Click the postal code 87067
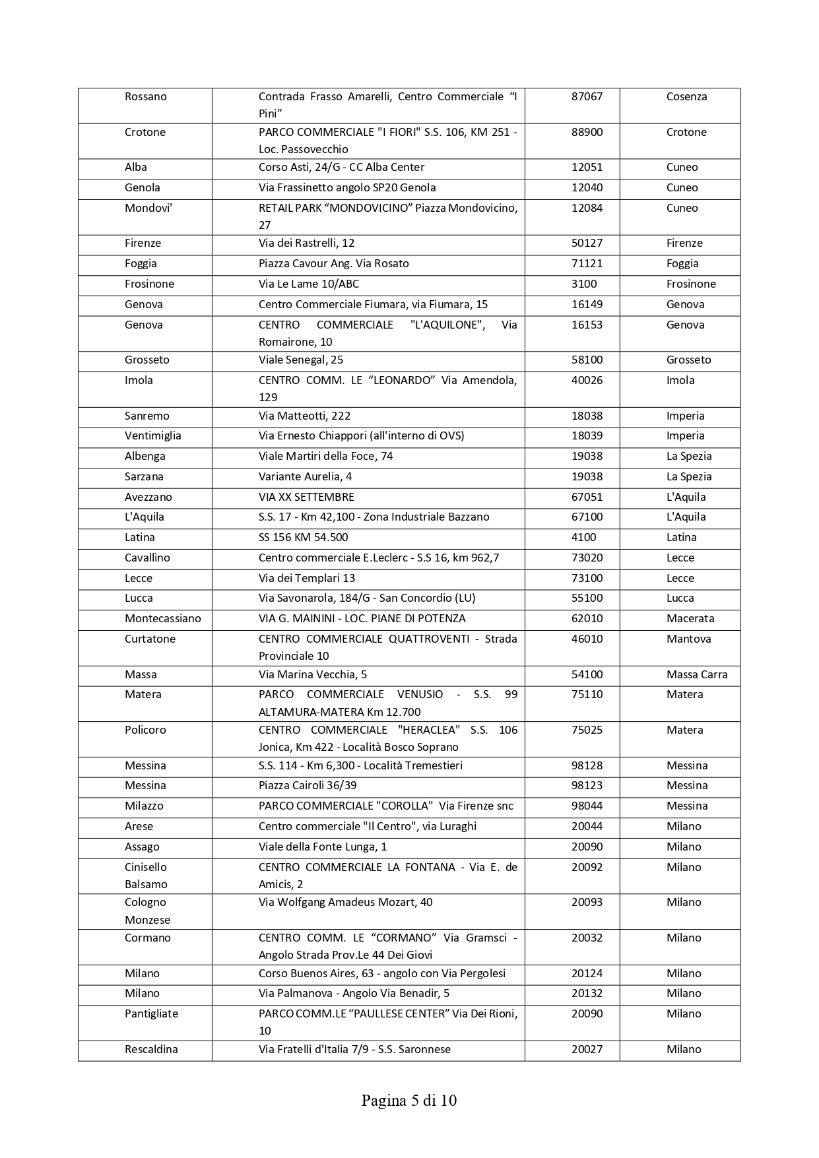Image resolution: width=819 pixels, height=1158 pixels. tap(587, 96)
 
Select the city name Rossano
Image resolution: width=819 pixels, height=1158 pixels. tap(145, 96)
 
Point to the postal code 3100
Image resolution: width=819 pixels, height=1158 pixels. tap(584, 284)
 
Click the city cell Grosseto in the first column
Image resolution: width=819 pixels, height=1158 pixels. tap(147, 360)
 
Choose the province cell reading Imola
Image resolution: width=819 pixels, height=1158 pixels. tap(680, 380)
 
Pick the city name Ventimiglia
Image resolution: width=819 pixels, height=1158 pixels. tap(152, 435)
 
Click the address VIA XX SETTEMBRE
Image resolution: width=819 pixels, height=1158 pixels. tap(306, 497)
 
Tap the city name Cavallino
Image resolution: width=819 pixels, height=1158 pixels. tap(147, 558)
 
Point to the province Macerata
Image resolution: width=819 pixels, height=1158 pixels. tap(690, 618)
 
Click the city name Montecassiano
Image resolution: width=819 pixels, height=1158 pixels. tap(162, 618)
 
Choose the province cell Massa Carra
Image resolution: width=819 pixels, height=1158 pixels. tap(696, 674)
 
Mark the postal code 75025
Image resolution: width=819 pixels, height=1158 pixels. tap(587, 730)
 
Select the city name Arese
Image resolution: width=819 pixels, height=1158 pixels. tap(139, 826)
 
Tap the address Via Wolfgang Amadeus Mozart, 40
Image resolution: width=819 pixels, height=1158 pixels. tap(345, 902)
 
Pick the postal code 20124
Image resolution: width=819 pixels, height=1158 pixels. tap(587, 973)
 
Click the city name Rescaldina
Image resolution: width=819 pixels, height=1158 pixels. tap(151, 1049)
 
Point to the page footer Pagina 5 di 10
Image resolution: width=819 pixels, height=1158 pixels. tap(409, 1101)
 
